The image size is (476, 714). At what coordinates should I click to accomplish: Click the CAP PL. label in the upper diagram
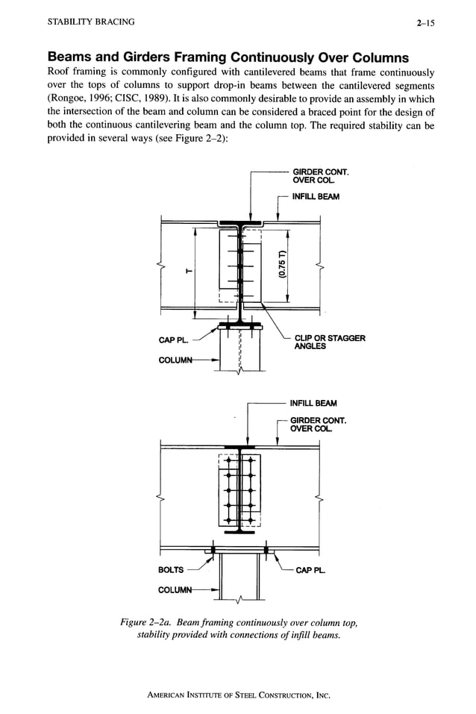[172, 340]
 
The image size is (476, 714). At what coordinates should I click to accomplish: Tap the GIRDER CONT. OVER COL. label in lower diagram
[319, 425]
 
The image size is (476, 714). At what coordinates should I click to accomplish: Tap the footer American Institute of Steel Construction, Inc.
[238, 695]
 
